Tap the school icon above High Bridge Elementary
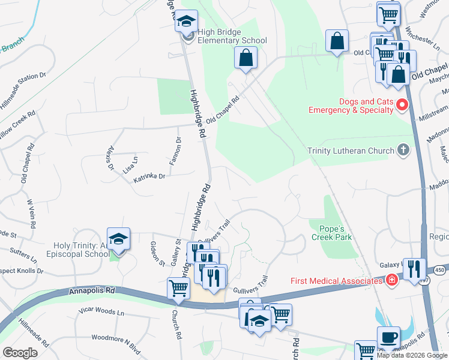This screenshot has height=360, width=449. pos(186,22)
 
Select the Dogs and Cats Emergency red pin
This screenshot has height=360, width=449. pos(401,106)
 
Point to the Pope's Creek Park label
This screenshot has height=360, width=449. pos(331,233)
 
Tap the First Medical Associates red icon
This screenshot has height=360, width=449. pos(391,280)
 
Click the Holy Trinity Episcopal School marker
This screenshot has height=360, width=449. pos(119,239)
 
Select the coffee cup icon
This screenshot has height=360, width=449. pos(388,337)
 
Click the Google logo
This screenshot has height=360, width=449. pos(20,352)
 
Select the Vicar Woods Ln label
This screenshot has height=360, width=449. pos(104,313)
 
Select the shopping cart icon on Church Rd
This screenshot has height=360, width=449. pos(179,289)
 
